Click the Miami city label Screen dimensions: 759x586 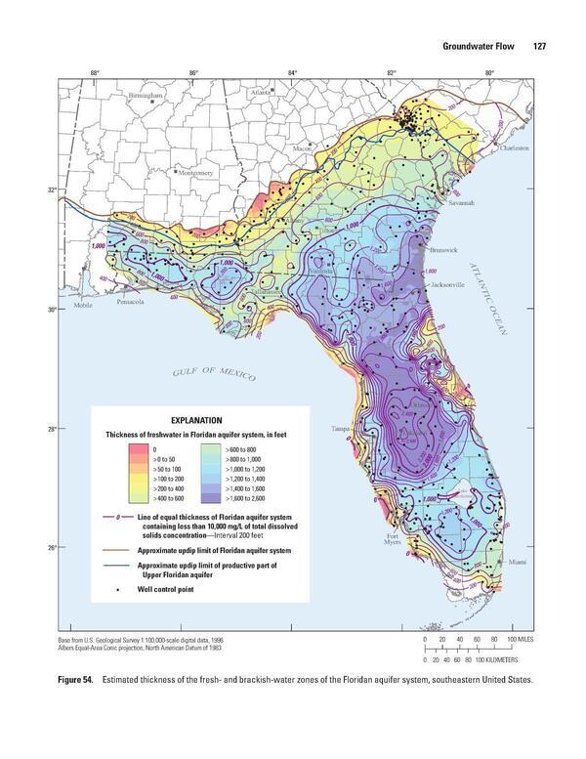pos(517,563)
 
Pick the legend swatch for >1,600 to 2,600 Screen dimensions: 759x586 pos(210,496)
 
